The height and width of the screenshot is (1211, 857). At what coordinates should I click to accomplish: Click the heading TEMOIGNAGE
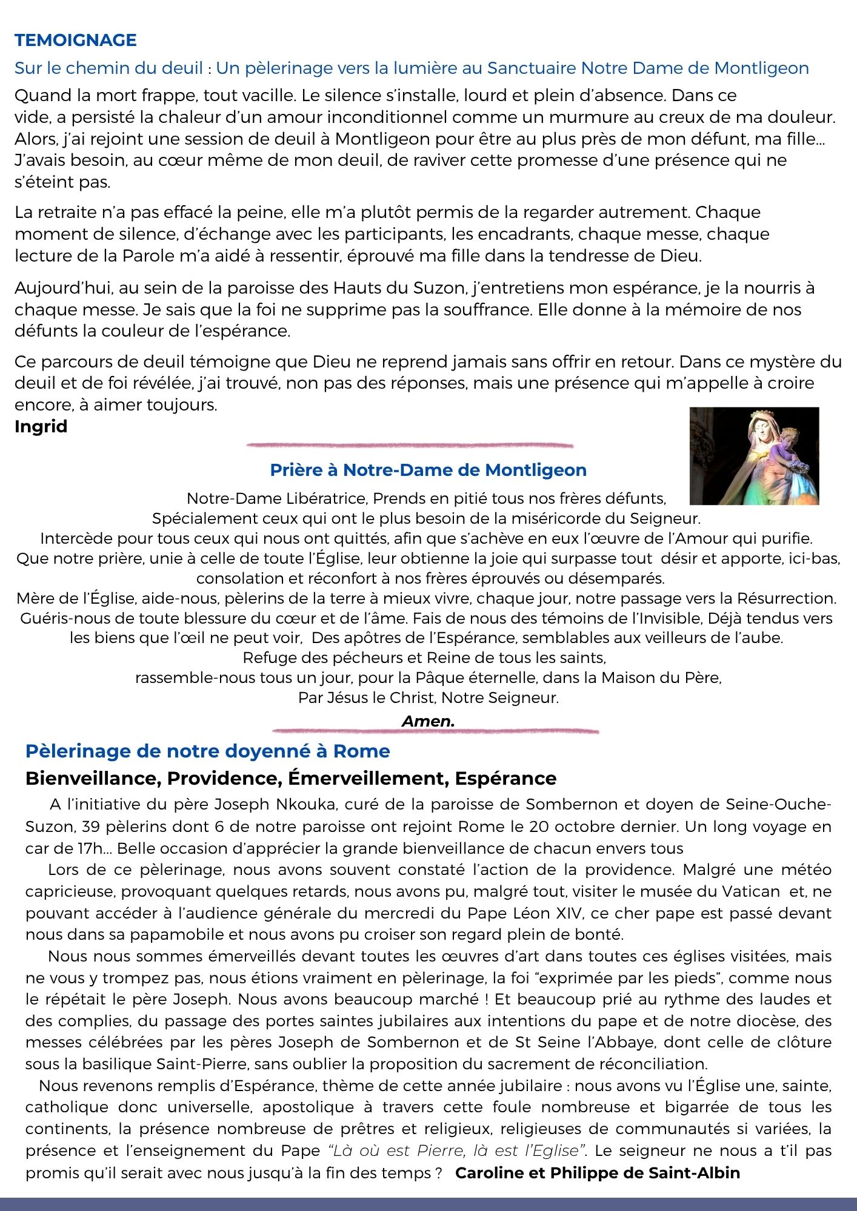[x=76, y=41]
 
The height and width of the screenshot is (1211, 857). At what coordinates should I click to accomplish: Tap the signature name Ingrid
[x=41, y=426]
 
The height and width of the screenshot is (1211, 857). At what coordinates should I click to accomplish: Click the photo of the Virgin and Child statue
[x=754, y=456]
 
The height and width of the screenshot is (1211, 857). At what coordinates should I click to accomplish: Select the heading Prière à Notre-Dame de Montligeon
[x=428, y=470]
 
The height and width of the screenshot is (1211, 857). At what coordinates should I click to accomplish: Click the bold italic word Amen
[x=428, y=721]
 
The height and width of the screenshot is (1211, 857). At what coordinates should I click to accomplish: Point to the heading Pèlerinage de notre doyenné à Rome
[x=207, y=751]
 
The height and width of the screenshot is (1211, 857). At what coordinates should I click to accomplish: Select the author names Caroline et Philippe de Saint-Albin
[x=597, y=1173]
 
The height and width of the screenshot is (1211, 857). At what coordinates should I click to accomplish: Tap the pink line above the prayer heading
[x=410, y=445]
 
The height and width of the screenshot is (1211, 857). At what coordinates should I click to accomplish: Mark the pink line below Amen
[x=435, y=731]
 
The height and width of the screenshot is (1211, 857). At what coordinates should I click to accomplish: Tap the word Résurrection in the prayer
[x=786, y=598]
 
